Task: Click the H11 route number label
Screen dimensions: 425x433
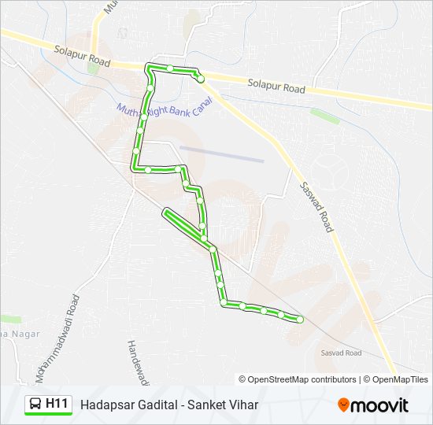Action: [57, 404]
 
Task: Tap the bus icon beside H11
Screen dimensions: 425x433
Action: [35, 405]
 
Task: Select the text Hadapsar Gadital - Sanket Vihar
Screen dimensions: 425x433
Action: [168, 405]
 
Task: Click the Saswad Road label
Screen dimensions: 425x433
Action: [317, 206]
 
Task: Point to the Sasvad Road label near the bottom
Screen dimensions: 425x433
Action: [341, 353]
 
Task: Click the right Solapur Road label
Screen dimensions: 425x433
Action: [276, 86]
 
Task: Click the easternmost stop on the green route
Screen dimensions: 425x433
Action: [300, 319]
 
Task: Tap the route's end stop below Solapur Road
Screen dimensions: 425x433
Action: [201, 79]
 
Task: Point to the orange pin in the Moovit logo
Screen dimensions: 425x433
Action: [344, 405]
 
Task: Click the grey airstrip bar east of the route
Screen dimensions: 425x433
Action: [221, 153]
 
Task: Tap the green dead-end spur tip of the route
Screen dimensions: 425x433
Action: [166, 212]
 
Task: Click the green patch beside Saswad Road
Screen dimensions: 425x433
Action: [324, 116]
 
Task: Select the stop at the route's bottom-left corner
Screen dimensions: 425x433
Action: [224, 303]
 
